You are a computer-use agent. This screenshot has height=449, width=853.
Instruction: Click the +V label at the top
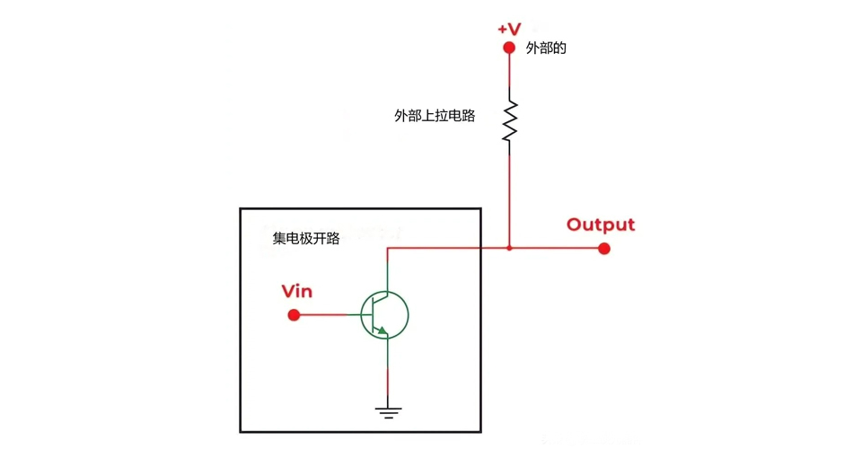coord(509,29)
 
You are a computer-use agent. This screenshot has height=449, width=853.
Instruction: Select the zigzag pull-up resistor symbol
coord(510,120)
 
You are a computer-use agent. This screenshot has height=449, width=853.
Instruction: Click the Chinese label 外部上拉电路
coord(435,116)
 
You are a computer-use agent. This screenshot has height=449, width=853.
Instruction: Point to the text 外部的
coord(546,48)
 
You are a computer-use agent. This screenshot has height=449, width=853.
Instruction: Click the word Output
coord(601,224)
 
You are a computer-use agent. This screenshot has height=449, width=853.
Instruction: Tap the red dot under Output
coord(604,248)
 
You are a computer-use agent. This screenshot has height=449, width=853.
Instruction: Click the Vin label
coord(297,291)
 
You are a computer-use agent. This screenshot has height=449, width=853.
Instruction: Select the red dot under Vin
coord(294,315)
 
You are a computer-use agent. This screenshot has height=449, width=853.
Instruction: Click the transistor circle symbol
coord(384,315)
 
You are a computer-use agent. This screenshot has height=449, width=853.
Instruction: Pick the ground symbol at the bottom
coord(388,412)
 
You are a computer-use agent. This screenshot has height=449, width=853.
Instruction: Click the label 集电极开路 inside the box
coord(306,239)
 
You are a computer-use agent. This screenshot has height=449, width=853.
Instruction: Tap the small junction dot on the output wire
coord(510,248)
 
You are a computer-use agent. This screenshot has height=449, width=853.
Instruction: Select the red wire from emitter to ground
coord(388,388)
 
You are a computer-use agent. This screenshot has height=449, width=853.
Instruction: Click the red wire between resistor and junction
coord(510,198)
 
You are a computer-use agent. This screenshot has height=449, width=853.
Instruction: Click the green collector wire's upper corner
coord(388,249)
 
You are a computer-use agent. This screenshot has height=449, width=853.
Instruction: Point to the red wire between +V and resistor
coord(510,76)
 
